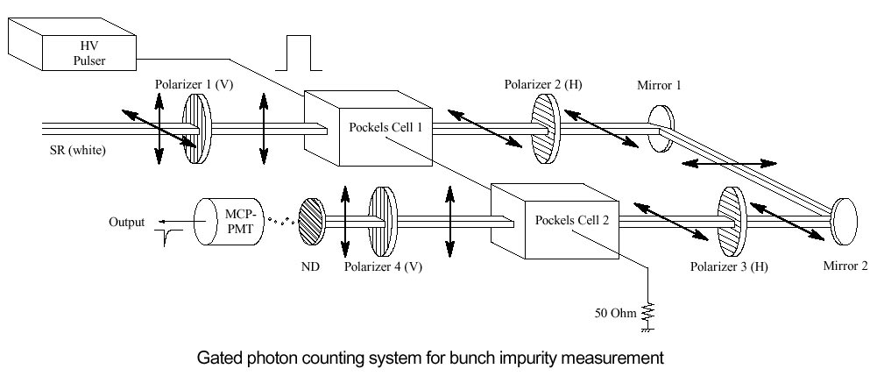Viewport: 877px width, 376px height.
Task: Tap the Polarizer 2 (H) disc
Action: (545, 126)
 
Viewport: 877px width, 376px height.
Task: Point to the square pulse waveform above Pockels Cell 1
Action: (294, 54)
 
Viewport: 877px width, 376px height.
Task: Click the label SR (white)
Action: (78, 150)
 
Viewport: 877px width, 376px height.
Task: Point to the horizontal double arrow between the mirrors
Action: (729, 163)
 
